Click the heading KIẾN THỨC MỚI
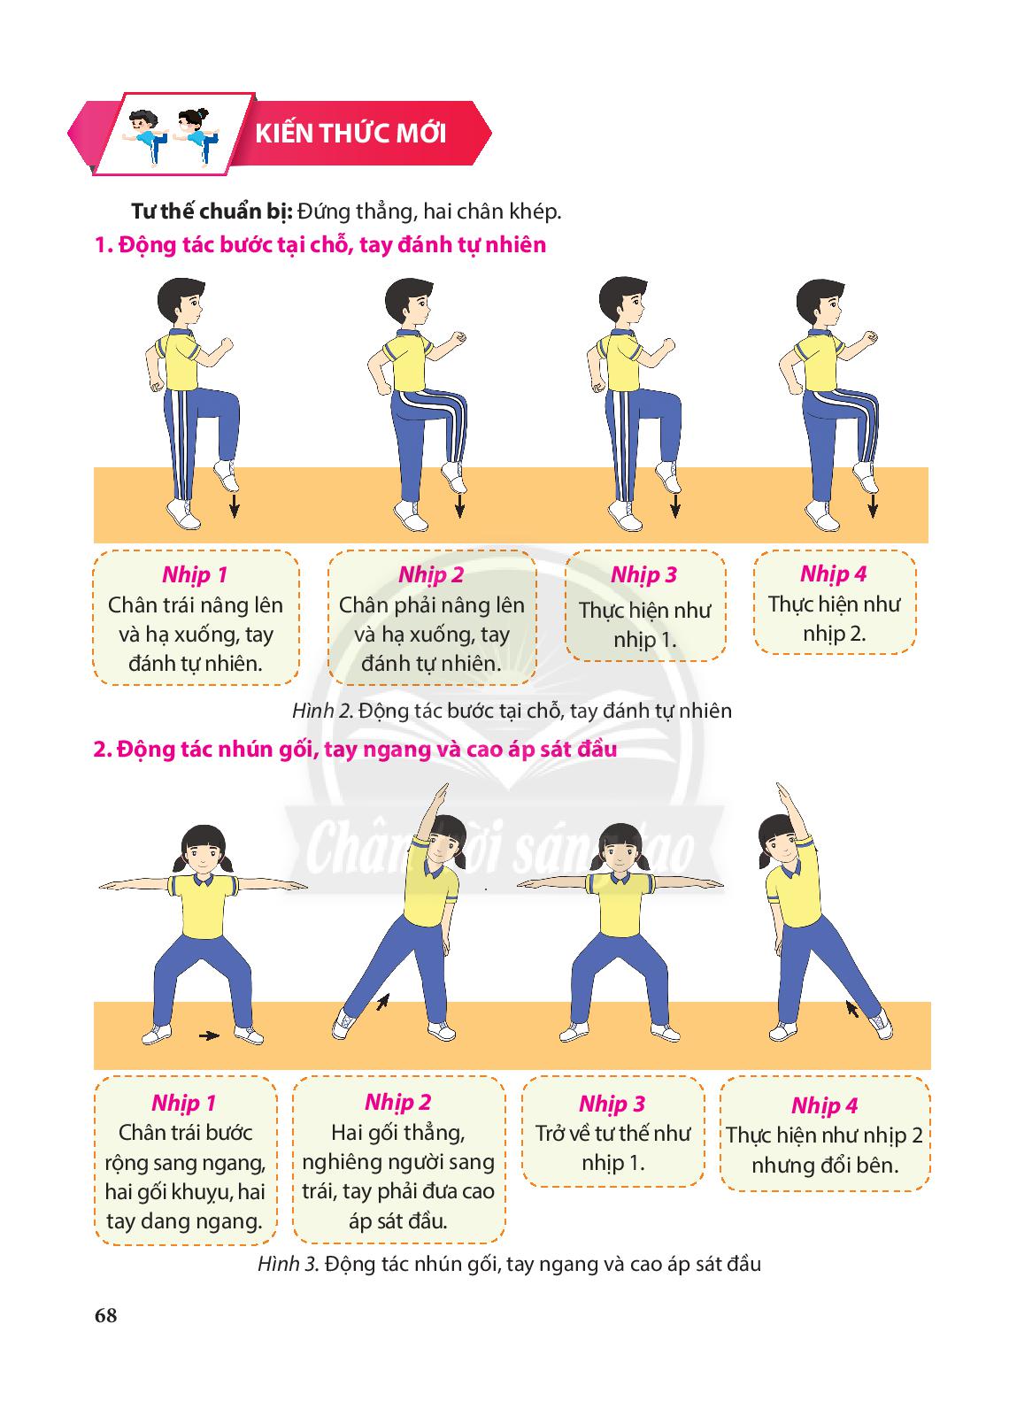350,134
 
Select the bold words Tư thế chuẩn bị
212,212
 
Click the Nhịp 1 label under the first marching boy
195,574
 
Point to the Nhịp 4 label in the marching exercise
833,573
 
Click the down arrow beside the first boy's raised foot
235,505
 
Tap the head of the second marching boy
408,303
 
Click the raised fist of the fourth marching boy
871,336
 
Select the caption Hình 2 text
512,711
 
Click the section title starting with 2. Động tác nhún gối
355,749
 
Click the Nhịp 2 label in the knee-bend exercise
397,1102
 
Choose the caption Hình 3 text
510,1264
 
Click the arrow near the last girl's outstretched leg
852,1008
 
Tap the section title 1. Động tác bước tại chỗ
320,244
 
